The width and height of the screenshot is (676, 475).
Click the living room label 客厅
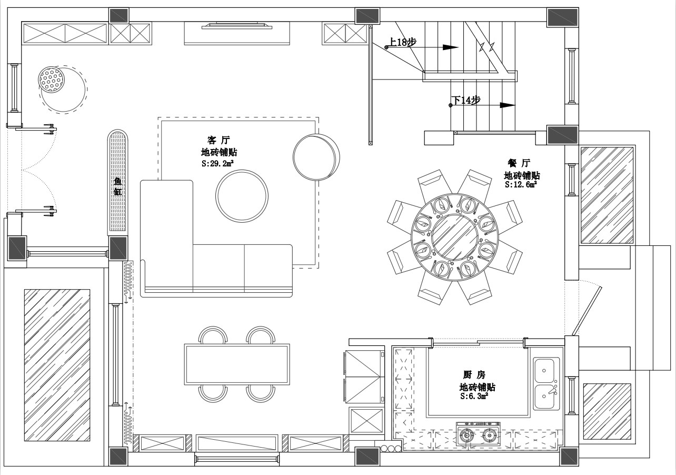(x=218, y=140)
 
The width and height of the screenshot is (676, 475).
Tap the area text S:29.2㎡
(x=218, y=164)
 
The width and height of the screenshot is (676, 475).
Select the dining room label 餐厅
(x=519, y=163)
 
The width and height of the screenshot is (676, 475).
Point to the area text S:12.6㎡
(x=521, y=184)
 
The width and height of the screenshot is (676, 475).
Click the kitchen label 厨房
(x=474, y=375)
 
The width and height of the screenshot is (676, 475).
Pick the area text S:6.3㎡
(x=474, y=396)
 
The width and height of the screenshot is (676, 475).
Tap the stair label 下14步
(x=466, y=100)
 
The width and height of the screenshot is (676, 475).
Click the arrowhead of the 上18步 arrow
(x=451, y=47)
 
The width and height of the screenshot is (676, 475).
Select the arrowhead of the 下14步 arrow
(x=508, y=105)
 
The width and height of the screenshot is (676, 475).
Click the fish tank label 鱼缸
(x=118, y=186)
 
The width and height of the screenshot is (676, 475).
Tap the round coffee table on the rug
(x=242, y=196)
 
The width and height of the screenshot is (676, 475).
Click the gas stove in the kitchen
(x=478, y=435)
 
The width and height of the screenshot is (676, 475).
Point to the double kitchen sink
(x=546, y=383)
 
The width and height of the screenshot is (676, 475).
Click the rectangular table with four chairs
(x=237, y=364)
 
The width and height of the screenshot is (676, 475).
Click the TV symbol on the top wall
(x=237, y=26)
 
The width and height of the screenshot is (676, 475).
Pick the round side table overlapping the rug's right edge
(x=316, y=157)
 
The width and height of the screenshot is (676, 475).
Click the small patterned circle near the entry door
(x=51, y=80)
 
